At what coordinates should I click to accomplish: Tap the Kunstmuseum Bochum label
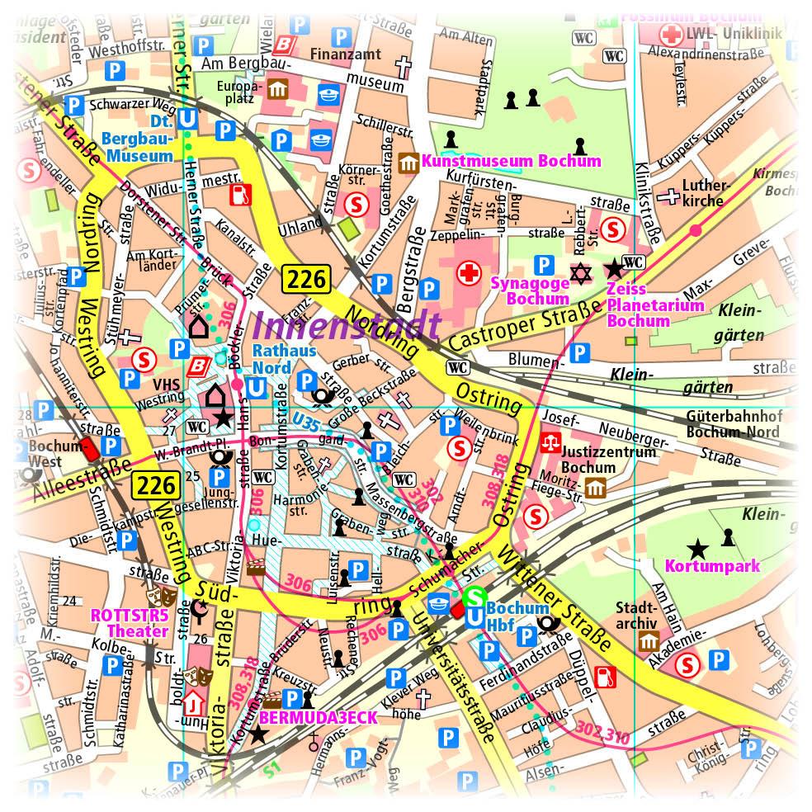[x=511, y=161]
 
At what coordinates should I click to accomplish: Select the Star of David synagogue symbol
[x=583, y=271]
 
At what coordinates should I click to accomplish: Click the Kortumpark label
[x=712, y=567]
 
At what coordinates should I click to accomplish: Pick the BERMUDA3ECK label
[x=318, y=718]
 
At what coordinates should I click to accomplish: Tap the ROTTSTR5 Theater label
[x=129, y=623]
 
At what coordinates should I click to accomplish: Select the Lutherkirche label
[x=702, y=194]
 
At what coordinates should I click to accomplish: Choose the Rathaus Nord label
[x=272, y=359]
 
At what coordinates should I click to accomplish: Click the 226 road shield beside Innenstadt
[x=305, y=279]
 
